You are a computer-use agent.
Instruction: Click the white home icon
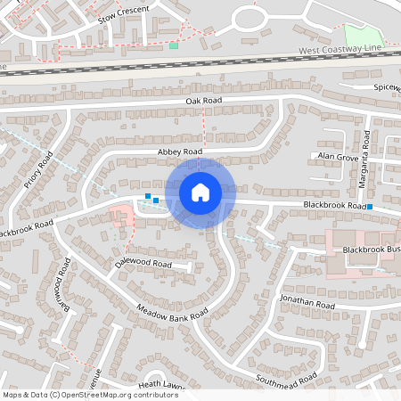pos(200,192)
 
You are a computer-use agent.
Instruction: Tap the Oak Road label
pos(203,102)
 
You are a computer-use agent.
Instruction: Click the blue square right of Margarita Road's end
pos(369,208)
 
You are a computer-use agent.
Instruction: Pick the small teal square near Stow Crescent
pos(174,45)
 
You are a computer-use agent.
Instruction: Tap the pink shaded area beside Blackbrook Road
pos(118,217)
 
